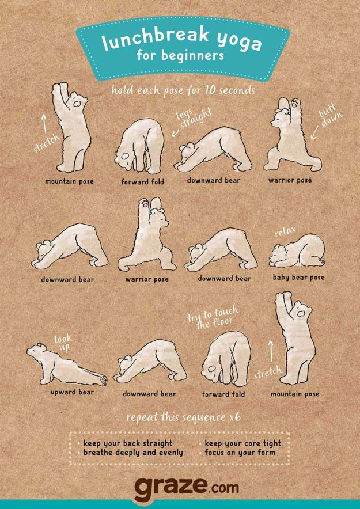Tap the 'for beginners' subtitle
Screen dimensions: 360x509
click(180, 55)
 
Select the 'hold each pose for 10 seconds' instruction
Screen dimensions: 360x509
click(183, 90)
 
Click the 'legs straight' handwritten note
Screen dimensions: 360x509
click(194, 119)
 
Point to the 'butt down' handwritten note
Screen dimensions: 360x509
click(331, 117)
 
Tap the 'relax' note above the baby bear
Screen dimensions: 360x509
click(285, 231)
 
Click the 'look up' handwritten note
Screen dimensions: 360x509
click(63, 343)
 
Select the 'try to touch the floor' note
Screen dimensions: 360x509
click(213, 317)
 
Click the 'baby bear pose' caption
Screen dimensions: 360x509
click(298, 278)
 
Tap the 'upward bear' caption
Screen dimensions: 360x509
click(72, 392)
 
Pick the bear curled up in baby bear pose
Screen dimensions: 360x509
click(297, 251)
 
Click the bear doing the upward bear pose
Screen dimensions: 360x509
click(67, 364)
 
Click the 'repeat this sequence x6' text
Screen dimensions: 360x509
click(184, 417)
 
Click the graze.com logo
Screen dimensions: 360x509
click(186, 488)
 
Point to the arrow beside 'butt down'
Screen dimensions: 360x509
click(314, 133)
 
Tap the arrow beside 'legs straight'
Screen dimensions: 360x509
click(175, 133)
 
